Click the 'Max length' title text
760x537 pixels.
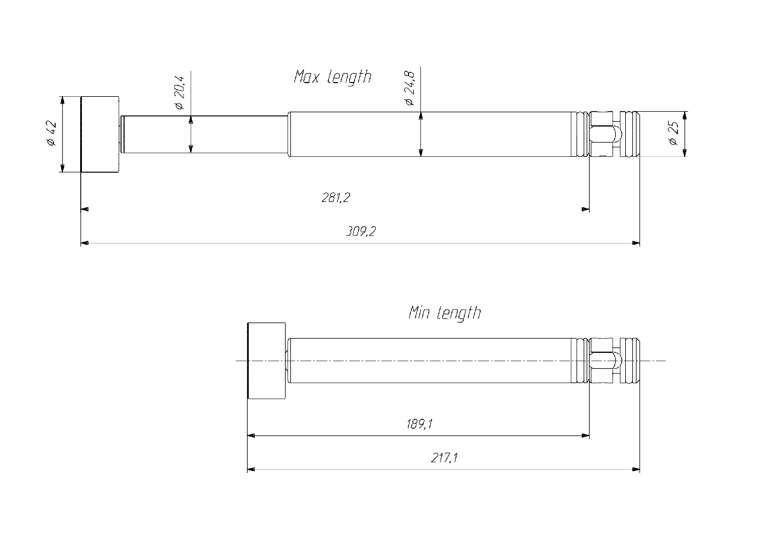(332, 77)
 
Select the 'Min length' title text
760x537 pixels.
(444, 312)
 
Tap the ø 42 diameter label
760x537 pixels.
(51, 134)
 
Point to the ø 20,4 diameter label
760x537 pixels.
(180, 93)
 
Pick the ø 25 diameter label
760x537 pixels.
(673, 134)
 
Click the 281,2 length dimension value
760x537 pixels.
(335, 198)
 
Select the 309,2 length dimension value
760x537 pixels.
(361, 232)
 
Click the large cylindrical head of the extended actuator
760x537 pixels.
(100, 134)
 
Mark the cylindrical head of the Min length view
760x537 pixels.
(266, 360)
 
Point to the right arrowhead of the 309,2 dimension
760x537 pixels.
(636, 243)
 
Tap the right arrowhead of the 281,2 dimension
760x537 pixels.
(585, 209)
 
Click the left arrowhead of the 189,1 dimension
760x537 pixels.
(251, 435)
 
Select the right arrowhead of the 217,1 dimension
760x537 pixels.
(636, 469)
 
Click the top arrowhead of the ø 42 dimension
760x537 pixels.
(62, 100)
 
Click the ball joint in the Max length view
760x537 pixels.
(614, 134)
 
